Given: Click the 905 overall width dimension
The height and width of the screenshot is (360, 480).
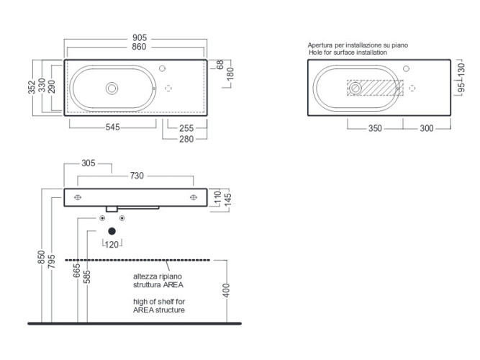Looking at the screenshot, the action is tap(140, 37).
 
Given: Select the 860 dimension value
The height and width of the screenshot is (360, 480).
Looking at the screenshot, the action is tap(139, 47).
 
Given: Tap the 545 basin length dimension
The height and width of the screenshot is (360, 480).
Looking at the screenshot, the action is tap(113, 127).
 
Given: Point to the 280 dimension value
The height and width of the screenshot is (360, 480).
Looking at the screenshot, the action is tap(186, 139).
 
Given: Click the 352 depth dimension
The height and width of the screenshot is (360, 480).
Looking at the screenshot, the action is tap(32, 87).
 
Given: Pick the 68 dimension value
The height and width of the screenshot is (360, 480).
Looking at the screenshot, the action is tap(219, 65).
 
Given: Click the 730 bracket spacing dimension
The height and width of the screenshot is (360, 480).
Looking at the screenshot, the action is tap(137, 176).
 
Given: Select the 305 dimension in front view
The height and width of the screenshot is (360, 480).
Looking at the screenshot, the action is tap(89, 163).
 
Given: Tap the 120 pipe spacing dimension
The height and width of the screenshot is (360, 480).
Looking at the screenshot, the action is tap(112, 245).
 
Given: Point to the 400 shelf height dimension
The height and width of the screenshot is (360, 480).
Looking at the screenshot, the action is tap(226, 290).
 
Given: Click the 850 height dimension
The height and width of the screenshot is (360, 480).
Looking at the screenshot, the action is tap(41, 257).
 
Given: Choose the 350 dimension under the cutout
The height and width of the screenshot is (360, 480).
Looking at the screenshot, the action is tap(375, 128).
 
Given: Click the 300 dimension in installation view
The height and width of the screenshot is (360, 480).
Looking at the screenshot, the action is tap(427, 128).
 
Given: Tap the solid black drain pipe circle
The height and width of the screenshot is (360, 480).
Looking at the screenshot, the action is tap(112, 231).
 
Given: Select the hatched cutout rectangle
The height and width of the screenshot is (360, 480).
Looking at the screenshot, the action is tap(376, 88).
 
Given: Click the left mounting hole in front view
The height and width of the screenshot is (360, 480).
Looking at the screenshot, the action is tap(78, 197).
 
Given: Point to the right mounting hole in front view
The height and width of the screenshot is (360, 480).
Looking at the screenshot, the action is tap(194, 197).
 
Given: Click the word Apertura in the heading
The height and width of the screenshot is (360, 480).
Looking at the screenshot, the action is tap(320, 45).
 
